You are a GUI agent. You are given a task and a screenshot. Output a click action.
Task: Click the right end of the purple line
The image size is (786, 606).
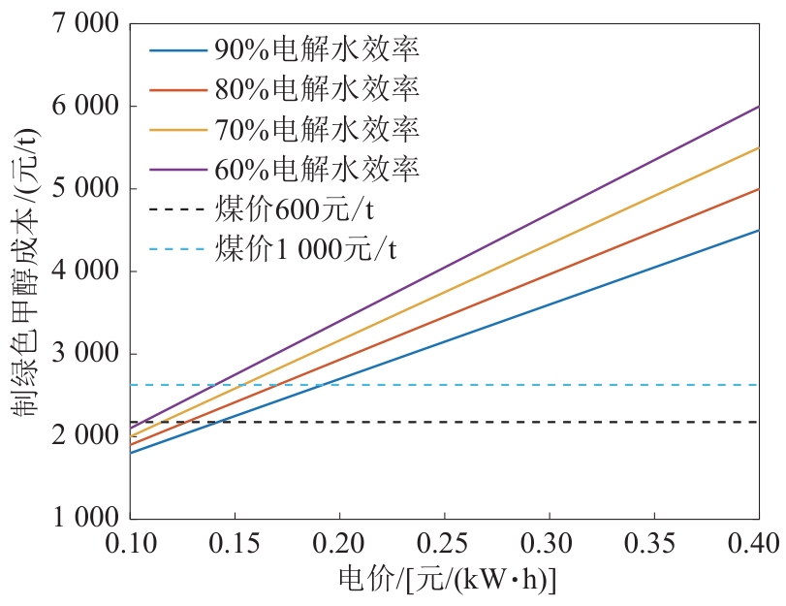(x=758, y=106)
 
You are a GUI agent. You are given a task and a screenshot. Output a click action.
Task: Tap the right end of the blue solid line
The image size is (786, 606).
(x=758, y=230)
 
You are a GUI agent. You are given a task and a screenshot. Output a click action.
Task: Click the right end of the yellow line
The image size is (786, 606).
(x=758, y=147)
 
